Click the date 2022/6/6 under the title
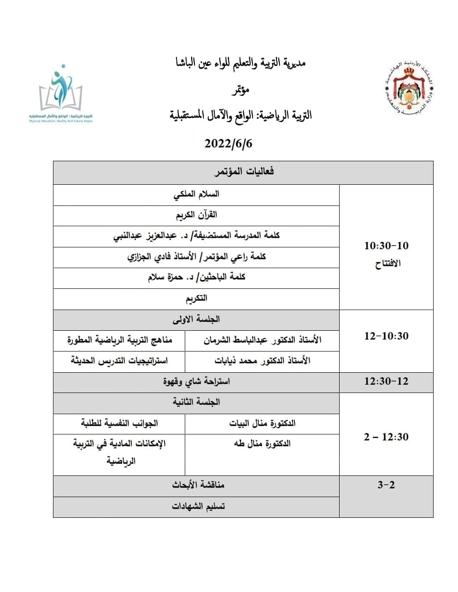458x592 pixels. pyautogui.click(x=229, y=143)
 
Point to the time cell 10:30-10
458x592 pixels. pyautogui.click(x=386, y=246)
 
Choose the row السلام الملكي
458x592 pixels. pyautogui.click(x=196, y=194)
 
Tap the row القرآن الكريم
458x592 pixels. pyautogui.click(x=196, y=215)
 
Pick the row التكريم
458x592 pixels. pyautogui.click(x=196, y=298)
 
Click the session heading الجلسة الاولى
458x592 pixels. pyautogui.click(x=196, y=319)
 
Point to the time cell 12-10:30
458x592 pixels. pyautogui.click(x=386, y=336)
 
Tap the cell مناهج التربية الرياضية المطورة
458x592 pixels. pyautogui.click(x=120, y=340)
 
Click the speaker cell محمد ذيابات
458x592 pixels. pyautogui.click(x=262, y=361)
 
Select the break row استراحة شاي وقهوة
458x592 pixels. pyautogui.click(x=196, y=381)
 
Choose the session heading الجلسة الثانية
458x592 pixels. pyautogui.click(x=196, y=402)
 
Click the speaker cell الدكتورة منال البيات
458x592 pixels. pyautogui.click(x=262, y=423)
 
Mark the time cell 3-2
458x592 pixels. pyautogui.click(x=386, y=485)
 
